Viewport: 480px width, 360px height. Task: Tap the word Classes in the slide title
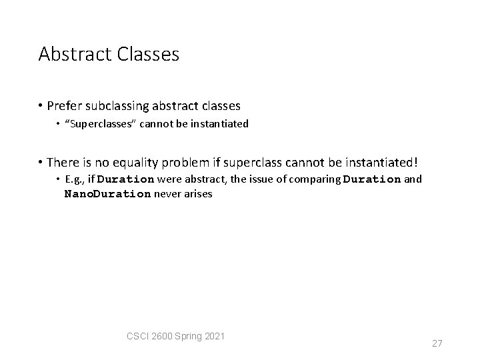pyautogui.click(x=147, y=54)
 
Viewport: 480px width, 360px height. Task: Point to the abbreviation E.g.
pyautogui.click(x=74, y=179)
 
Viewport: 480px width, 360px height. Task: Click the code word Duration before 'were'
pyautogui.click(x=126, y=179)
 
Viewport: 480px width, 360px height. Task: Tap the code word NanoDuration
pyautogui.click(x=108, y=194)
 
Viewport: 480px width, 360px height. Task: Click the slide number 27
pyautogui.click(x=437, y=343)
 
